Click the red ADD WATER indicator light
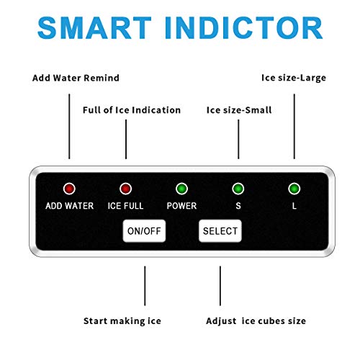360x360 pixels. [x=69, y=189]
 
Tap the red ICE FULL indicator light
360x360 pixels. [x=125, y=189]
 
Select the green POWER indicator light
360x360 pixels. [x=181, y=189]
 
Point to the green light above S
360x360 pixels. [x=238, y=189]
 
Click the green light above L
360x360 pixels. [x=294, y=189]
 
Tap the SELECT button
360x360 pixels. [x=220, y=231]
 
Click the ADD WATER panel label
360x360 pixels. [x=70, y=206]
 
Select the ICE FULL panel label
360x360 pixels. [x=125, y=206]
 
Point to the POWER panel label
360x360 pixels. [x=181, y=206]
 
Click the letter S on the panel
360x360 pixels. [x=238, y=206]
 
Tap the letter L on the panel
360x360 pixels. [x=294, y=206]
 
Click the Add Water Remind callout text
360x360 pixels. [x=76, y=78]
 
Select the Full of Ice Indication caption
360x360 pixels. [x=132, y=110]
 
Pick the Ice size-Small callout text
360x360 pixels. [x=239, y=110]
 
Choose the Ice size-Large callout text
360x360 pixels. [x=294, y=78]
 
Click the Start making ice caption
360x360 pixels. [x=122, y=321]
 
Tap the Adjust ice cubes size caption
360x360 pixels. [x=256, y=321]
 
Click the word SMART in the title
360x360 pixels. [x=94, y=27]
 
